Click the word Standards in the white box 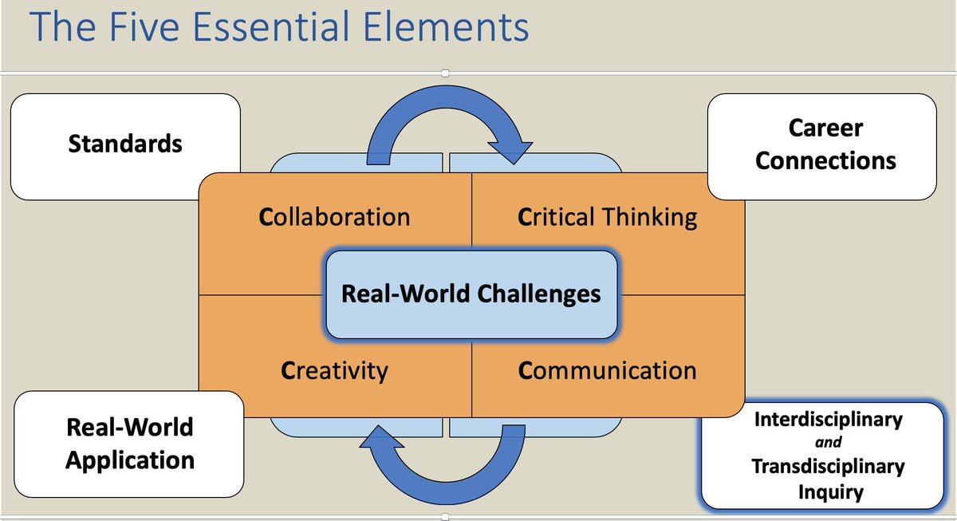coord(125,144)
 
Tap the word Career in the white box coord(825,128)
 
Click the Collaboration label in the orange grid coord(335,216)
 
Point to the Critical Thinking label coord(608,216)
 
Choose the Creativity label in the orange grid coord(335,370)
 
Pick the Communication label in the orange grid coord(608,370)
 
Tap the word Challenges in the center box coord(539,294)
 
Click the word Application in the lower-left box coord(130,460)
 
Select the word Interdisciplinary coord(829,419)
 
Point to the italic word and coord(829,442)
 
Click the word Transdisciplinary coord(829,466)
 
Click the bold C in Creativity coord(288,370)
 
